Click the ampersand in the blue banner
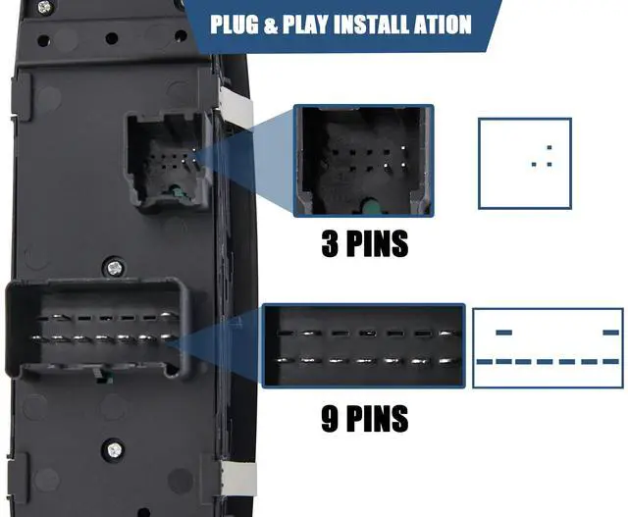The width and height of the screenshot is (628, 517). [x=271, y=26]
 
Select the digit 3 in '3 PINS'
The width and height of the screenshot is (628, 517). [x=330, y=244]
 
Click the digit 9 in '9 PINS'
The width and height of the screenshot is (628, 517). [x=330, y=419]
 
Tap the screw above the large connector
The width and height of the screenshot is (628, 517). [x=115, y=268]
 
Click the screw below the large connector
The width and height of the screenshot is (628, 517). [x=114, y=449]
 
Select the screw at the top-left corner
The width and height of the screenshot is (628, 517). [x=45, y=6]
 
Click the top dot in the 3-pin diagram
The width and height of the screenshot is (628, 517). [x=549, y=148]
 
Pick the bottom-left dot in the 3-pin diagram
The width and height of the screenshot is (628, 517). [x=534, y=164]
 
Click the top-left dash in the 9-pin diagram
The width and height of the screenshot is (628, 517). [x=503, y=333]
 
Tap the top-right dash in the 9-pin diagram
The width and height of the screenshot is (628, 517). [x=610, y=333]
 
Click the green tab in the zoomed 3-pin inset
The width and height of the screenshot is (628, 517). [x=368, y=206]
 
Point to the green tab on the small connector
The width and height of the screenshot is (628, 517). [x=177, y=191]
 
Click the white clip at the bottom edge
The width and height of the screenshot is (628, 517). [x=238, y=479]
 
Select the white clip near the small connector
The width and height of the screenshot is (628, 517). [x=236, y=108]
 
